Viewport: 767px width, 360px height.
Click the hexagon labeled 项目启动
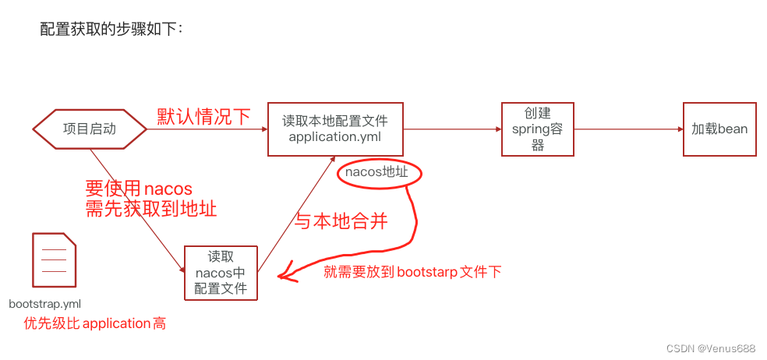tap(90, 129)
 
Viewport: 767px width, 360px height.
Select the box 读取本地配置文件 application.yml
tap(334, 129)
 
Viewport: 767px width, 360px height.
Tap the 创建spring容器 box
tap(537, 129)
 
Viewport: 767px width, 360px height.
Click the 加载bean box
tap(719, 129)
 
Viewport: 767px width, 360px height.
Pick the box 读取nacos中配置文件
tap(221, 273)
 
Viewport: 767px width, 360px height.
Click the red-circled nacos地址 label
tap(377, 173)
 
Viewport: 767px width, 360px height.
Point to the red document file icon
tap(54, 260)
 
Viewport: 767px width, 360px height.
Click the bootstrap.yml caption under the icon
tap(45, 303)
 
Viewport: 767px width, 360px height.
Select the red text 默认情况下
tap(203, 117)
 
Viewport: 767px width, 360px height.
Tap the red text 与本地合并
tap(340, 221)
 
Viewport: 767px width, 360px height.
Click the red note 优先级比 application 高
tap(94, 323)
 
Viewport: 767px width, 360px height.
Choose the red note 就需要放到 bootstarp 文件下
tap(412, 271)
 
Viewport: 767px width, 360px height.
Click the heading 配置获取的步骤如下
tap(111, 30)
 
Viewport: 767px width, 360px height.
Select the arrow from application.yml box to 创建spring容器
tap(452, 129)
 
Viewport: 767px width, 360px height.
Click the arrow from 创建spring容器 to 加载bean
tap(627, 129)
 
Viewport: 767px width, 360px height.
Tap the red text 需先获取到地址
tap(150, 208)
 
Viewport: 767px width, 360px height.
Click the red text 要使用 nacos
tap(139, 189)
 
